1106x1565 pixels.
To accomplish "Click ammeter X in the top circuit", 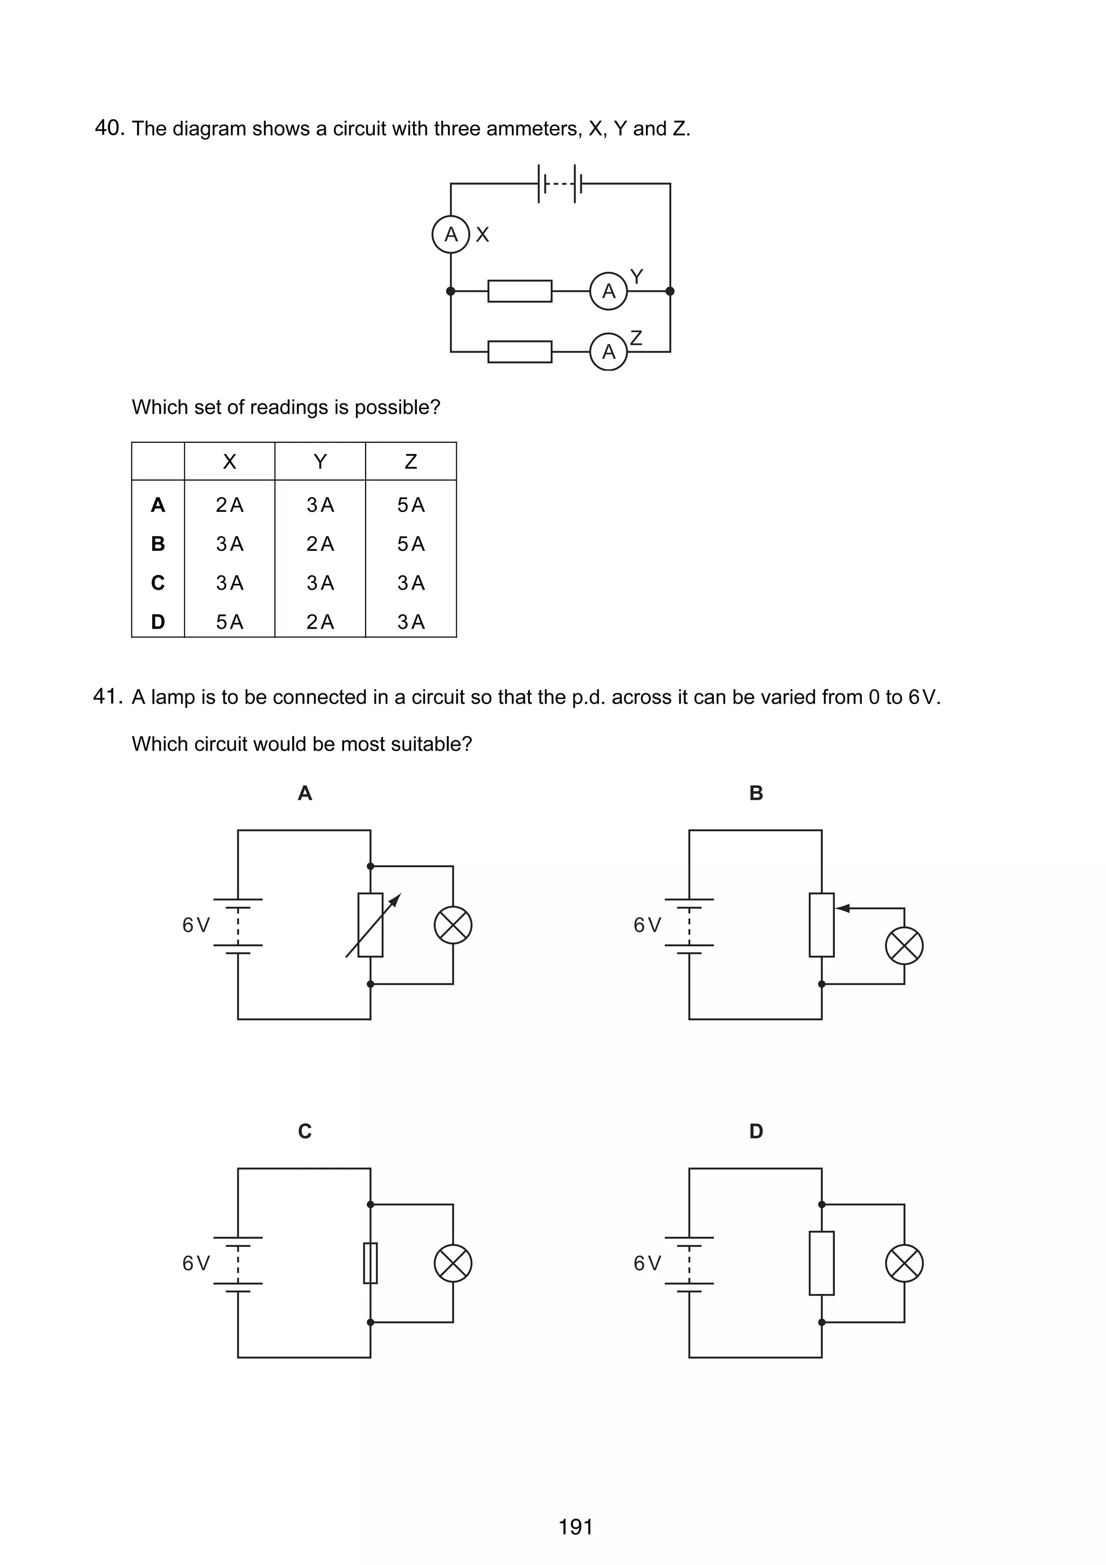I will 450,234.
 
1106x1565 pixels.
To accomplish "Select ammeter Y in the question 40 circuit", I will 609,291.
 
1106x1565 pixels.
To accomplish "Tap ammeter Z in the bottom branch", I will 609,352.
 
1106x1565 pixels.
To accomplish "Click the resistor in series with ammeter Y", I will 520,291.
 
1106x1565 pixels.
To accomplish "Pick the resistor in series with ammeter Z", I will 520,352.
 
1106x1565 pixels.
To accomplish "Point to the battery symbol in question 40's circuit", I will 560,184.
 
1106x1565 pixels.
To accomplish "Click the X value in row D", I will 230,622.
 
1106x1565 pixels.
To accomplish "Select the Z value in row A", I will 411,505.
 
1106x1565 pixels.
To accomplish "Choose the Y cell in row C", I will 320,583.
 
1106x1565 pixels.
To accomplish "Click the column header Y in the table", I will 320,462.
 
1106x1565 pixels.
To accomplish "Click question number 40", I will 109,128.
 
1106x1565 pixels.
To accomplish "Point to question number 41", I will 107,697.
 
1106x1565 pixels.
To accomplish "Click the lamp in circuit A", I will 453,925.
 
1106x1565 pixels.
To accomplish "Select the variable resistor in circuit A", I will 370,925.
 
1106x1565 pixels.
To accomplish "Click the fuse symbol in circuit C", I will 370,1263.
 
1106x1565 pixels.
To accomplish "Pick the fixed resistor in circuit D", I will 822,1263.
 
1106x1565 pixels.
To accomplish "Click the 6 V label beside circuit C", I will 196,1264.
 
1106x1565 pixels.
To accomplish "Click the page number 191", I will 576,1527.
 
